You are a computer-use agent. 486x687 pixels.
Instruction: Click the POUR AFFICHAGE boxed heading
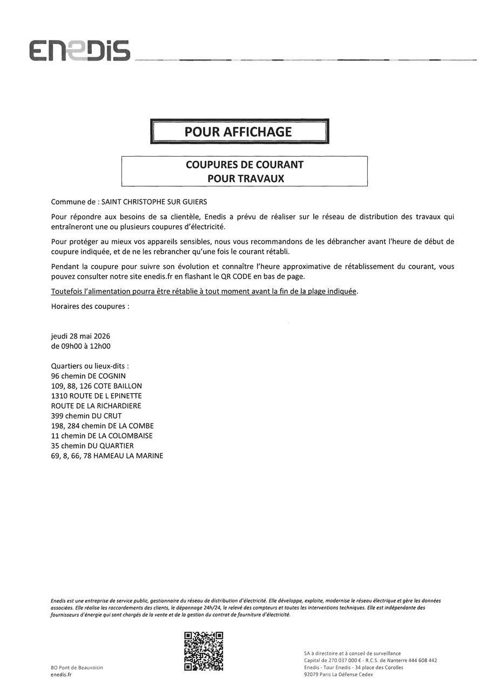pyautogui.click(x=239, y=132)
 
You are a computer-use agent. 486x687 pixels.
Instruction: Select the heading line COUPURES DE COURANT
pyautogui.click(x=245, y=165)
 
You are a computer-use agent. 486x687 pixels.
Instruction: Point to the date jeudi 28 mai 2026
pyautogui.click(x=80, y=336)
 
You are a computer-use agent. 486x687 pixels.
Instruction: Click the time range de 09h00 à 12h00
pyautogui.click(x=80, y=346)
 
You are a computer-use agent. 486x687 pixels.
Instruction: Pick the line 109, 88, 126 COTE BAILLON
pyautogui.click(x=96, y=386)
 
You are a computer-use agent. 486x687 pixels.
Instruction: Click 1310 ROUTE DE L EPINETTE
pyautogui.click(x=96, y=396)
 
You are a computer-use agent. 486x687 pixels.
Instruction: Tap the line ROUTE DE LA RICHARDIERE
pyautogui.click(x=96, y=406)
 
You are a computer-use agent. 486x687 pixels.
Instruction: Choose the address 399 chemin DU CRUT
pyautogui.click(x=86, y=416)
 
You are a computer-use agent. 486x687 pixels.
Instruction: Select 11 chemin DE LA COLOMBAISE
pyautogui.click(x=102, y=436)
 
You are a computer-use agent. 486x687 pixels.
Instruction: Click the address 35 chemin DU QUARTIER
pyautogui.click(x=92, y=446)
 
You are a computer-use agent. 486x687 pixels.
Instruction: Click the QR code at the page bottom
pyautogui.click(x=204, y=651)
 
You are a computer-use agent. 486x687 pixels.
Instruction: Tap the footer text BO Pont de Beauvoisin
pyautogui.click(x=77, y=668)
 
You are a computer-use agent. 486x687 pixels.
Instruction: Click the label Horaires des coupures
pyautogui.click(x=90, y=306)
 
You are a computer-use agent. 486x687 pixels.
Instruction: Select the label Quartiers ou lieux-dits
pyautogui.click(x=90, y=366)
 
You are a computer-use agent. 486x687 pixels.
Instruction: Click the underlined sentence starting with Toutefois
pyautogui.click(x=204, y=292)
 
